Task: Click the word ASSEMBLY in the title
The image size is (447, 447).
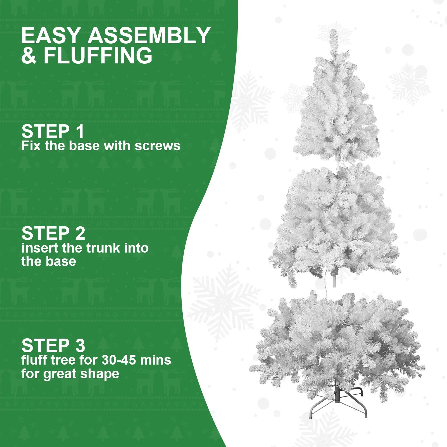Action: (x=149, y=36)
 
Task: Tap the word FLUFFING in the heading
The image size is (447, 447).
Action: (x=98, y=56)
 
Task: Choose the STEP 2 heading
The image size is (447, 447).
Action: (x=53, y=234)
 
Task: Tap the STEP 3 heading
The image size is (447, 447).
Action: (x=53, y=346)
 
